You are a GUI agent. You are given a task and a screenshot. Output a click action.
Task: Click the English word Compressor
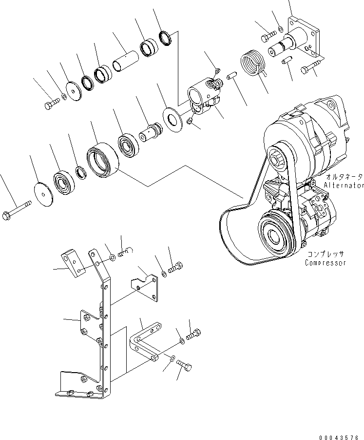pyautogui.click(x=326, y=263)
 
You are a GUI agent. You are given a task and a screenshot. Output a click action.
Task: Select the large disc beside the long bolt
pyautogui.click(x=44, y=195)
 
